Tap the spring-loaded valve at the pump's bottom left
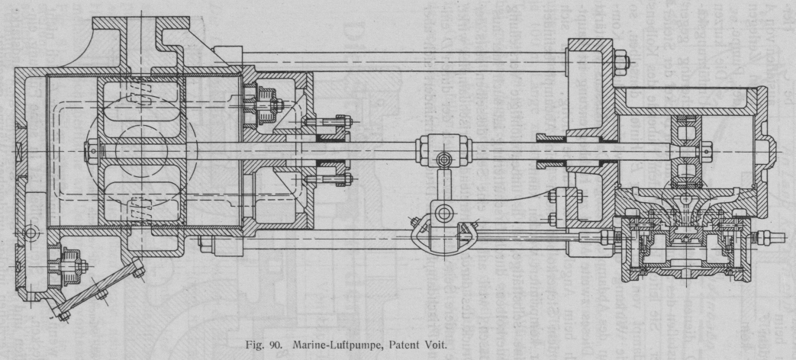coord(66,266)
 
